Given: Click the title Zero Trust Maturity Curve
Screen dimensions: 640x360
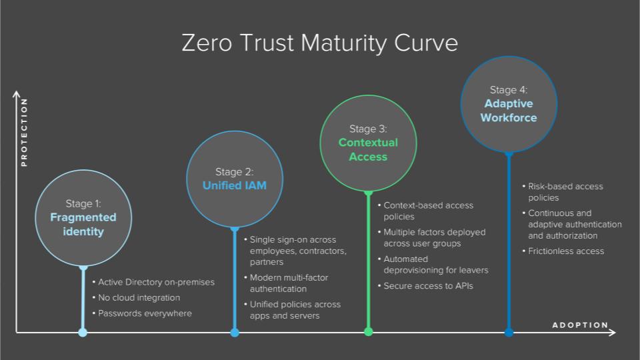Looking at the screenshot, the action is point(319,43).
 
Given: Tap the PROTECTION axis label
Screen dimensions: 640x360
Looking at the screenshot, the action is point(24,132).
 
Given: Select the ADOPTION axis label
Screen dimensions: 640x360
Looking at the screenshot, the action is point(580,325).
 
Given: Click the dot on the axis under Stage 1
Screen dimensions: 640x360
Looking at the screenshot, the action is point(83,332).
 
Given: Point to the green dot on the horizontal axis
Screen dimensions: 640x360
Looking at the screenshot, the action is point(368,332).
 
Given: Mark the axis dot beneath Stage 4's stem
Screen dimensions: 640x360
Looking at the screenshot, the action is point(509,332).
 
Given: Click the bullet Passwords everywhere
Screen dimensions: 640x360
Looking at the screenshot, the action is point(142,313).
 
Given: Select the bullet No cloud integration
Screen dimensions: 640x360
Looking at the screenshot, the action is point(136,298).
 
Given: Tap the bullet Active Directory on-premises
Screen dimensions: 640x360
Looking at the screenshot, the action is point(153,282).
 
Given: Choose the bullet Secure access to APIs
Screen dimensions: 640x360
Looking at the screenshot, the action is point(426,286).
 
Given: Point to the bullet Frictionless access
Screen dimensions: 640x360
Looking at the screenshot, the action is point(563,251).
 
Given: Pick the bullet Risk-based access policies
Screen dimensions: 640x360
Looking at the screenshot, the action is point(563,192).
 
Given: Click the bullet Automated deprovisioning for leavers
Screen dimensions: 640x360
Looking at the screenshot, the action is point(433,265).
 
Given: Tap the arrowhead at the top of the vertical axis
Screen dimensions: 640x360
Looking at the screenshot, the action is point(16,94).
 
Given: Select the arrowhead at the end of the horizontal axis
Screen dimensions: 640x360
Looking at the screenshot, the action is point(612,333).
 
